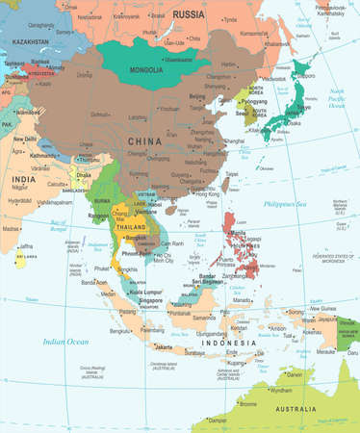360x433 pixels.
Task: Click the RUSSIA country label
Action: coord(190,14)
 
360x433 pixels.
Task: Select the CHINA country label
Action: coord(141,141)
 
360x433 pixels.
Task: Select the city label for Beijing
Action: coord(198,98)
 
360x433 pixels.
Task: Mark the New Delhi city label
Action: coord(25,139)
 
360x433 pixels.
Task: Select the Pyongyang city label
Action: coord(253,100)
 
